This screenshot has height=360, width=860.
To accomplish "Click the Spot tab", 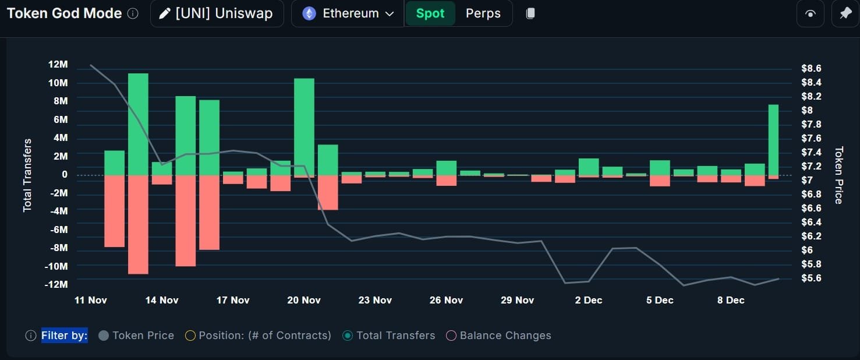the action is pyautogui.click(x=430, y=13).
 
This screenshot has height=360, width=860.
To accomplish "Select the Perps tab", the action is pyautogui.click(x=483, y=13).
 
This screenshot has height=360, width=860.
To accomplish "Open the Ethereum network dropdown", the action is pyautogui.click(x=348, y=13).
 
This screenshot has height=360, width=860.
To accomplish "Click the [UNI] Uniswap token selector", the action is pyautogui.click(x=217, y=13).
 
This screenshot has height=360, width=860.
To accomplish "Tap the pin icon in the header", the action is pyautogui.click(x=845, y=13).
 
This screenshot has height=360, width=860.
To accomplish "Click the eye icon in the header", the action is pyautogui.click(x=810, y=13).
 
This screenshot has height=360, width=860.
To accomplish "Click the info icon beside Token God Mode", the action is pyautogui.click(x=133, y=13).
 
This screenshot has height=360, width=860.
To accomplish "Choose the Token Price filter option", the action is pyautogui.click(x=136, y=336).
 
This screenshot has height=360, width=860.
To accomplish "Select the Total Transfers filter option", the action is pyautogui.click(x=388, y=336).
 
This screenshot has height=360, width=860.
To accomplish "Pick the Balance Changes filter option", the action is pyautogui.click(x=498, y=336).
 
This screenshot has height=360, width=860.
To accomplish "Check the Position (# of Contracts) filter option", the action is pyautogui.click(x=258, y=336).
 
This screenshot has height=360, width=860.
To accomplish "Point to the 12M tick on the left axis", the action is pyautogui.click(x=58, y=64).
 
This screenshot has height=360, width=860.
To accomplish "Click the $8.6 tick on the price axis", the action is pyautogui.click(x=811, y=68).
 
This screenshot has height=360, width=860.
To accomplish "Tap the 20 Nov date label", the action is pyautogui.click(x=304, y=300).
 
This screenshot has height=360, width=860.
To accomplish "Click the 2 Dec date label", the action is pyautogui.click(x=588, y=300).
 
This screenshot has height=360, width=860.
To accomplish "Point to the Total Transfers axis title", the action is pyautogui.click(x=27, y=175).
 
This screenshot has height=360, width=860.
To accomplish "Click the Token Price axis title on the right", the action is pyautogui.click(x=839, y=175).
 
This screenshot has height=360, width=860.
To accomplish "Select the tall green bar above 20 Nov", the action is pyautogui.click(x=304, y=127).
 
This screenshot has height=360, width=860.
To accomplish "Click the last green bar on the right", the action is pyautogui.click(x=773, y=140).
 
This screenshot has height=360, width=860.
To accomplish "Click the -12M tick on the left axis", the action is pyautogui.click(x=56, y=284).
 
